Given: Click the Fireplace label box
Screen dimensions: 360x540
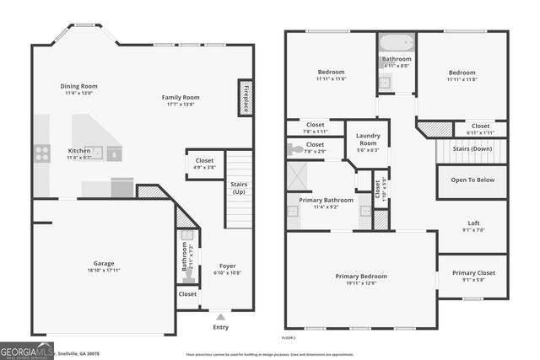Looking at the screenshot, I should point(246,97).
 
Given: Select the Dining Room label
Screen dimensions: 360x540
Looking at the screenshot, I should point(78,86).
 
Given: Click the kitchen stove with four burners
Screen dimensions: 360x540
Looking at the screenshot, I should point(41,153).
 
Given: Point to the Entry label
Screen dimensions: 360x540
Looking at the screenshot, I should point(220,327).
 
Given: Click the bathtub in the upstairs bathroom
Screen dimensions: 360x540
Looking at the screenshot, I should point(396,43).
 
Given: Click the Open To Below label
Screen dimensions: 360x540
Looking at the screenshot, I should point(472,180).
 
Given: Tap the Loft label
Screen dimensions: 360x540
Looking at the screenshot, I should point(472,223).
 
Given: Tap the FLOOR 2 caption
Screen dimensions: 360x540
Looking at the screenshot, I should point(289,337).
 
